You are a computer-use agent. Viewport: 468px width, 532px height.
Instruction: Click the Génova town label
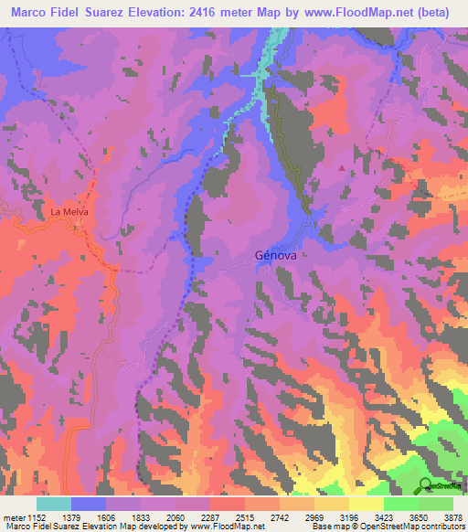[x=274, y=256]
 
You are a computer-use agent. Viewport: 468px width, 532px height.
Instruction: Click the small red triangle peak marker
[x=342, y=167]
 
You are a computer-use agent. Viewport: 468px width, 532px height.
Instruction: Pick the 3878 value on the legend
[x=452, y=517]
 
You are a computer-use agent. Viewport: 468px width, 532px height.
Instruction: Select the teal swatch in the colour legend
[x=53, y=504]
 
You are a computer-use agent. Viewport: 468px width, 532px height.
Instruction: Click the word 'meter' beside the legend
[x=12, y=517]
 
